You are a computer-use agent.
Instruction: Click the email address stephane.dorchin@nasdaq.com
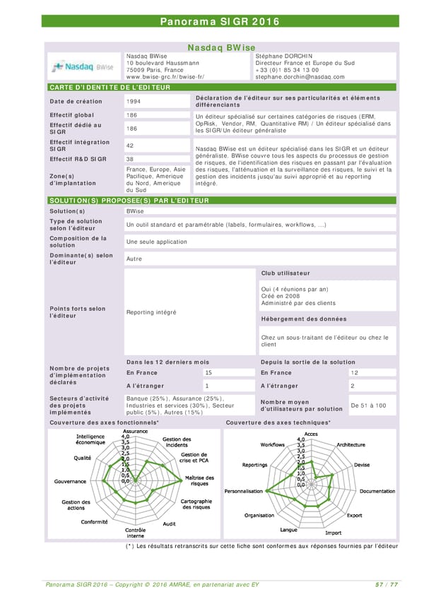click(300, 77)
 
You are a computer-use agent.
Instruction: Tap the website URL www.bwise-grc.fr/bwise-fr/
click(165, 77)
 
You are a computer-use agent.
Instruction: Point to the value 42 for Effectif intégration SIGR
click(130, 146)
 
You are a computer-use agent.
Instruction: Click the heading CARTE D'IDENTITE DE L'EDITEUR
click(109, 87)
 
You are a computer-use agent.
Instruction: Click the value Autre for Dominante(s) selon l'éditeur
click(134, 259)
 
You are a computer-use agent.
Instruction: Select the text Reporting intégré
click(151, 312)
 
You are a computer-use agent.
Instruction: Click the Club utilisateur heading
click(285, 273)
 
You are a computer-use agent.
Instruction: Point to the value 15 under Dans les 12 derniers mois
click(208, 372)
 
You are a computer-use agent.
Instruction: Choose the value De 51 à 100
click(368, 405)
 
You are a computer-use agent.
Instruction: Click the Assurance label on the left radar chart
click(136, 431)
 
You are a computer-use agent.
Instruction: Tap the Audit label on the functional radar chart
click(170, 523)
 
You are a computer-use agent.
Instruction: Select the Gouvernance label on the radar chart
click(70, 481)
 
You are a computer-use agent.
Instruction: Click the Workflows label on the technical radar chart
click(273, 445)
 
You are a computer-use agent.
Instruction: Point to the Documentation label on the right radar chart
click(377, 491)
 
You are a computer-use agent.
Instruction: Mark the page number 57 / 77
click(387, 584)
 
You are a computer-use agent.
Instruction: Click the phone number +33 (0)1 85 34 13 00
click(287, 70)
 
